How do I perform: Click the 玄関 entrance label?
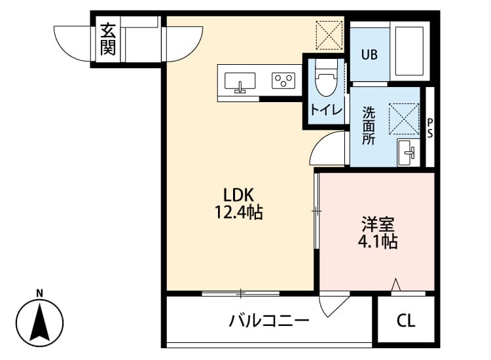pos(108,39)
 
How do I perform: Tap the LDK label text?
pos(234,194)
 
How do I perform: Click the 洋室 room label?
pos(378,224)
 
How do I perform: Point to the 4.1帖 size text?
pos(378,242)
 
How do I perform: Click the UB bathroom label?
pos(369,55)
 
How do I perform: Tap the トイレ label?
pos(325,110)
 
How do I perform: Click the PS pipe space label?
pos(430,128)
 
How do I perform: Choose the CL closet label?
pos(406,321)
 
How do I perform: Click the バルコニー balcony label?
pos(268,321)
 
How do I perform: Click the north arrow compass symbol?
pos(39,321)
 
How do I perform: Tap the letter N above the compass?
pos(39,293)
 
